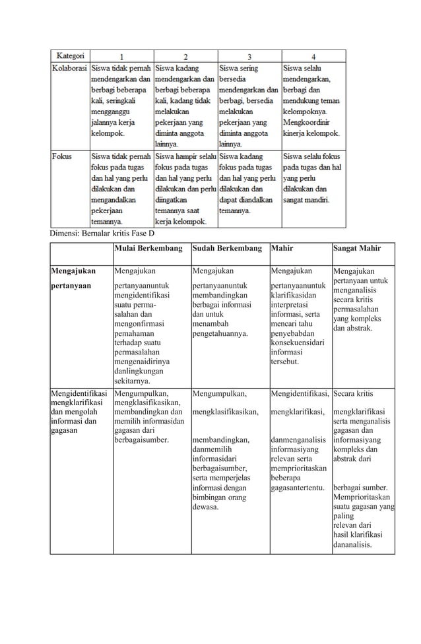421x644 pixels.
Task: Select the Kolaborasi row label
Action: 71,68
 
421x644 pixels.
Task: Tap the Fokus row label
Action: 63,157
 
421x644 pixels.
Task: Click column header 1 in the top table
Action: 121,57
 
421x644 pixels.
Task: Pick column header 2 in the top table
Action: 185,57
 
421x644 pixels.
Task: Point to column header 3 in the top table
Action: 249,57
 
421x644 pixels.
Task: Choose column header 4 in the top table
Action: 313,57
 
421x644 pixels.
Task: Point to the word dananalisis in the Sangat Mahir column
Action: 352,545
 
